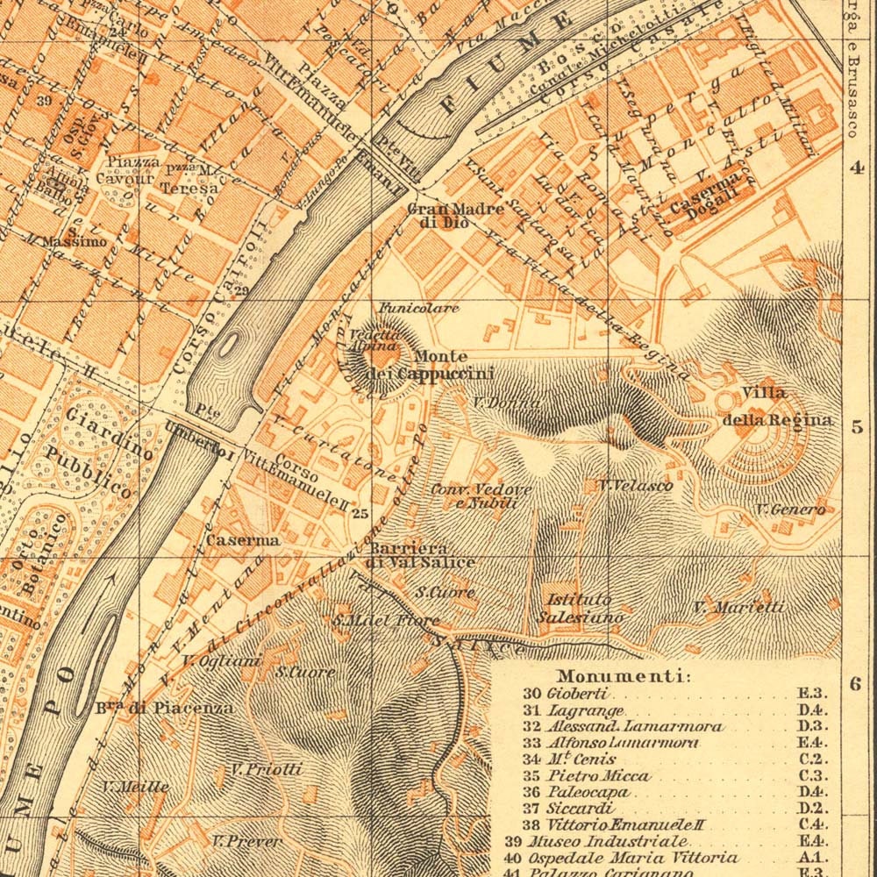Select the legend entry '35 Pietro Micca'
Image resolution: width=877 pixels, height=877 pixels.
(599, 775)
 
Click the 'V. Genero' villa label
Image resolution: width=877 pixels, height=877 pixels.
(790, 509)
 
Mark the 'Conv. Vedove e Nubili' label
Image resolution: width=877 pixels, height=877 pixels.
(469, 496)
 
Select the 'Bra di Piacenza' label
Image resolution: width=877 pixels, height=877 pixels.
(164, 708)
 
